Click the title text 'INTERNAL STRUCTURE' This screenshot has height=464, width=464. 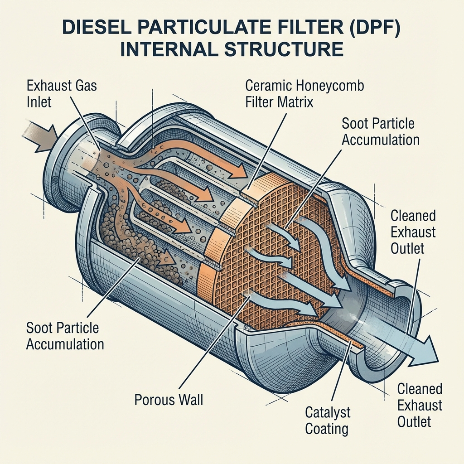[x=232, y=48]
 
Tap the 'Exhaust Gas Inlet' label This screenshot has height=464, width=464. [x=62, y=93]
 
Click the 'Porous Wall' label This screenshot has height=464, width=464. [x=169, y=400]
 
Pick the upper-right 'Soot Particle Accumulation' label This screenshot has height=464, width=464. [x=380, y=131]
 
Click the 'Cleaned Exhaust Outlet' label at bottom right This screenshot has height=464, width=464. [x=420, y=405]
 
